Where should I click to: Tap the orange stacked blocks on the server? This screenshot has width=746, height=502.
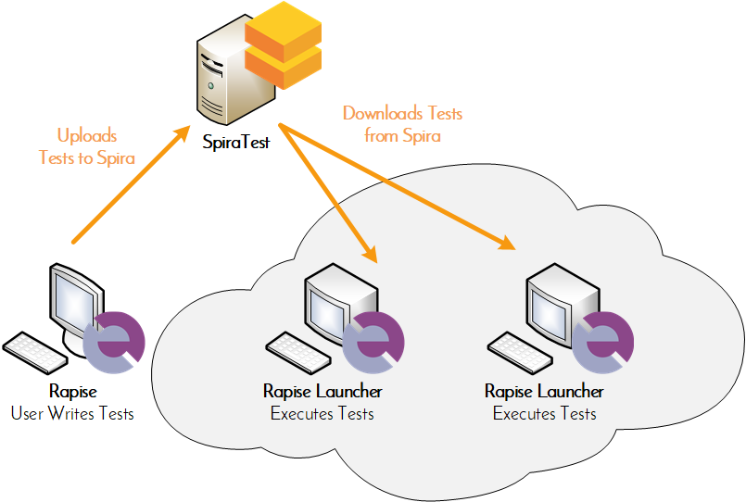pyautogui.click(x=282, y=45)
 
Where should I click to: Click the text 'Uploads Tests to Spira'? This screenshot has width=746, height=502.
pyautogui.click(x=87, y=146)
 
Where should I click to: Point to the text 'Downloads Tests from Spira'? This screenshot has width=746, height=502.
pyautogui.click(x=402, y=124)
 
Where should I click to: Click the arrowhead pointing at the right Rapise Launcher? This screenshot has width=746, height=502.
pyautogui.click(x=505, y=245)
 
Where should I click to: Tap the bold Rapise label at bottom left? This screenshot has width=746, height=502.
pyautogui.click(x=72, y=392)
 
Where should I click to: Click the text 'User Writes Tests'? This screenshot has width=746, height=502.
pyautogui.click(x=72, y=413)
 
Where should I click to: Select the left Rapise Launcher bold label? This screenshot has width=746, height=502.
pyautogui.click(x=322, y=392)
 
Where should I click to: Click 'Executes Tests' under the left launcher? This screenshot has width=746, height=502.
pyautogui.click(x=322, y=413)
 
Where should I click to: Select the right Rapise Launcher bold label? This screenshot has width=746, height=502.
pyautogui.click(x=545, y=392)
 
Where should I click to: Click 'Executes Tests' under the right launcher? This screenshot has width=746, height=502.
pyautogui.click(x=545, y=413)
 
